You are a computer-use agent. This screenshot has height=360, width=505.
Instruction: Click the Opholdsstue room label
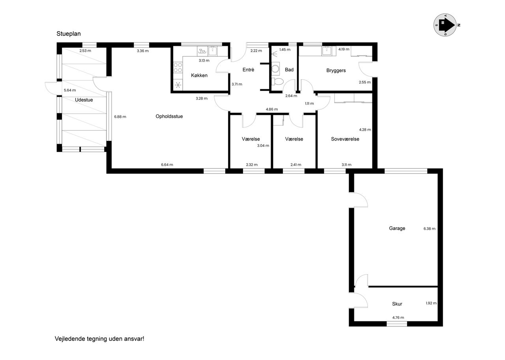click(x=169, y=116)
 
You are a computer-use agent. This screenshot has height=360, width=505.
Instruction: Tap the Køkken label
click(x=199, y=75)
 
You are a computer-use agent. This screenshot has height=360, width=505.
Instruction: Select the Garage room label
click(x=397, y=228)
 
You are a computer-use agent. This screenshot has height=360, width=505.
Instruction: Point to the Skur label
click(x=397, y=304)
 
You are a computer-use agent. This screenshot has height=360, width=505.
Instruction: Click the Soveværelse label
click(x=345, y=139)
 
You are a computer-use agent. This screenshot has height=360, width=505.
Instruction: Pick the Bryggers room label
click(x=336, y=70)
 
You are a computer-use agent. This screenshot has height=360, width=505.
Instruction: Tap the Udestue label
click(x=84, y=100)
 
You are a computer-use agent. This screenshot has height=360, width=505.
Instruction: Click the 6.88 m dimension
click(x=120, y=116)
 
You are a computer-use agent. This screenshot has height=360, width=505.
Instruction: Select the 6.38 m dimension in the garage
click(x=429, y=229)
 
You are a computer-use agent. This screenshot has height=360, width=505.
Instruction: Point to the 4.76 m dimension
click(x=398, y=317)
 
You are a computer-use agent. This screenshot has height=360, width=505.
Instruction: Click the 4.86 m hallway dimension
click(x=272, y=109)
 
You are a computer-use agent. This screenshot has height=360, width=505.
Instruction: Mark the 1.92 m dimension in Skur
click(x=431, y=303)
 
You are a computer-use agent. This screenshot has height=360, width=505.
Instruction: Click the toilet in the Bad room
click(x=277, y=81)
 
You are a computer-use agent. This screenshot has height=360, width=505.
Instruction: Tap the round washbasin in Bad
click(x=275, y=69)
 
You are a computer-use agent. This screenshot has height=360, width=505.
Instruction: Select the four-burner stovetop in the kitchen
click(x=178, y=67)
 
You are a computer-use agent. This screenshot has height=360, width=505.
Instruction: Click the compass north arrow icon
click(x=445, y=25)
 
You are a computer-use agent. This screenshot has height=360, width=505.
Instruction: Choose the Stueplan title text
click(x=69, y=34)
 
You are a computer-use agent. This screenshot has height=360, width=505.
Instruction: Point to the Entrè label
click(x=248, y=69)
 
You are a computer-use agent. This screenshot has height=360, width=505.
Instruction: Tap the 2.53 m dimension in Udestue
click(x=85, y=51)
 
